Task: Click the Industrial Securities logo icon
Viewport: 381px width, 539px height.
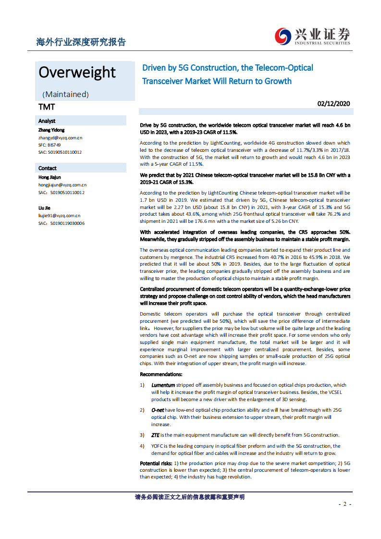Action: point(283,36)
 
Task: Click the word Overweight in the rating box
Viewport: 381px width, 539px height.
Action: point(77,72)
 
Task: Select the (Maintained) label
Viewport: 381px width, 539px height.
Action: point(65,94)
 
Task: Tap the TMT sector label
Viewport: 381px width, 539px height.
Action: point(47,107)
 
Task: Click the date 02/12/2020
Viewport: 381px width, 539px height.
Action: point(334,103)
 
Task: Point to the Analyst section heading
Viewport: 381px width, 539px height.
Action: point(47,121)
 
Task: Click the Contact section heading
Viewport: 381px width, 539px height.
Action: point(48,168)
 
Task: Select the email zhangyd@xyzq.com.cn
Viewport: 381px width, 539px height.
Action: point(60,137)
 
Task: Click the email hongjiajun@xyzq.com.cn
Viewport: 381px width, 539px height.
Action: point(62,184)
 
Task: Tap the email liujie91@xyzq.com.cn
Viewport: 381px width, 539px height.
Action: point(59,216)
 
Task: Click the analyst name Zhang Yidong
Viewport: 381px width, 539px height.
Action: point(51,130)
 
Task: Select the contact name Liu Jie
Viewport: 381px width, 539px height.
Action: point(44,208)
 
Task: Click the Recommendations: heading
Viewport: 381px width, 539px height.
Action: point(161,374)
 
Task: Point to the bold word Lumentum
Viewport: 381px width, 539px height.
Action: point(163,385)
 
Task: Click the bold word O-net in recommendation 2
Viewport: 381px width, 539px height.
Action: point(158,410)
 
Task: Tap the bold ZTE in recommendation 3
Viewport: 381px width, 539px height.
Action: point(156,435)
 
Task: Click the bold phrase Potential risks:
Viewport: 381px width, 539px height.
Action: point(156,463)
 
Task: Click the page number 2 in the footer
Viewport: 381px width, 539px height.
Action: point(344,504)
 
